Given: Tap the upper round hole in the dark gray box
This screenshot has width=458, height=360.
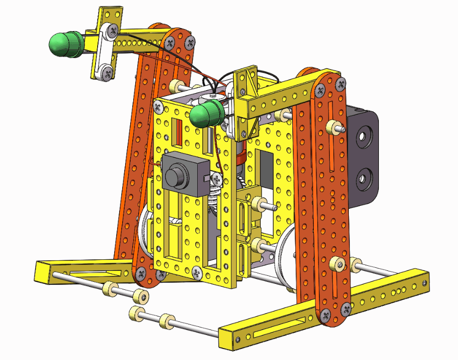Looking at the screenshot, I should (363, 136).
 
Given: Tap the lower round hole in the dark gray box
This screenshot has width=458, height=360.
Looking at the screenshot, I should (363, 177).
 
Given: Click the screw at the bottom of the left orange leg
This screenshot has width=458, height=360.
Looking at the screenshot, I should (141, 273).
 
